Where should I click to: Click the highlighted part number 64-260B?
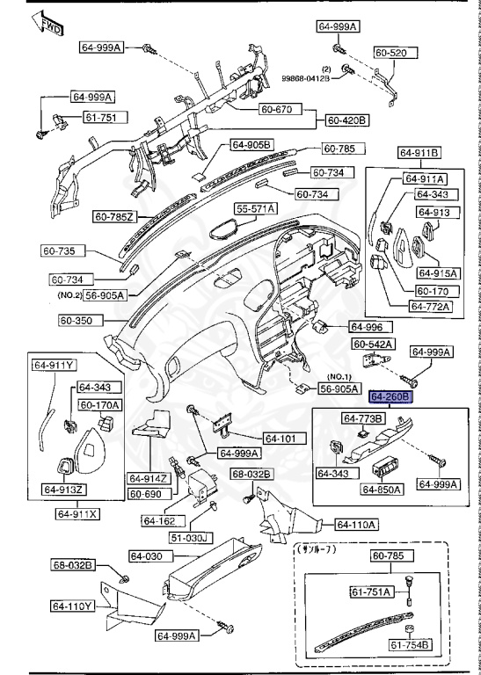(390, 397)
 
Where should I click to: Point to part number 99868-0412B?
(305, 78)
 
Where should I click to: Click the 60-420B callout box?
(347, 120)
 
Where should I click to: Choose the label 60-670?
(279, 110)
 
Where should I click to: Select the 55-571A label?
(255, 208)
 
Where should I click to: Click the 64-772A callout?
(429, 307)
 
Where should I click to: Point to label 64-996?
(368, 325)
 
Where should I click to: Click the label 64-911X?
(78, 513)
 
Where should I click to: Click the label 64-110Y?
(71, 606)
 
